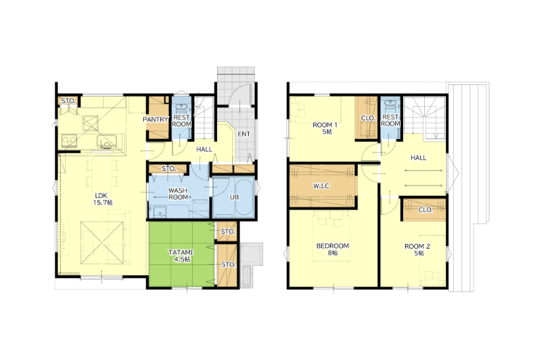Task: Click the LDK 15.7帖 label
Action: coord(102,199)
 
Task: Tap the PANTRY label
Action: coord(155,119)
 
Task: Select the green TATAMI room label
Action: coord(181,256)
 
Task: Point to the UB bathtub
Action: coord(244,197)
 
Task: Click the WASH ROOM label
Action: coord(178,194)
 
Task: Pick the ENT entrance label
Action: coord(243,134)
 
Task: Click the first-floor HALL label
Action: coord(205,149)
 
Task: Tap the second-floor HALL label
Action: coord(418,158)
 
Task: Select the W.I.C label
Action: coord(321,186)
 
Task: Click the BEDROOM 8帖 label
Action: coord(333,249)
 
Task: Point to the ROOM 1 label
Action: coord(325,128)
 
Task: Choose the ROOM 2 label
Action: coord(418,250)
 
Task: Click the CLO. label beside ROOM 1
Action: coord(367,118)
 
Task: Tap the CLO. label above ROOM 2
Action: coord(425,210)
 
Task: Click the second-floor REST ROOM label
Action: coord(391,121)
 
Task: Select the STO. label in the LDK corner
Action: coord(69,101)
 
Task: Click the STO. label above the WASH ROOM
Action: coord(169,169)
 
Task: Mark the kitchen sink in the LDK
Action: coord(108,141)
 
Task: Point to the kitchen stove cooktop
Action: coord(70,141)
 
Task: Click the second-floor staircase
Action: coord(424,118)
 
